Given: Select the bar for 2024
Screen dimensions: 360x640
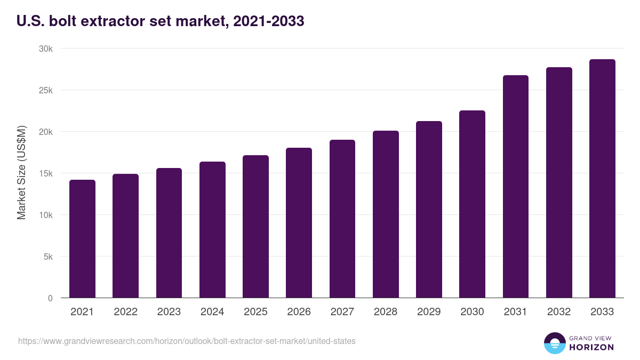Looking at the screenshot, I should (212, 230).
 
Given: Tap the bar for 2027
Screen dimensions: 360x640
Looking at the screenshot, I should (342, 219).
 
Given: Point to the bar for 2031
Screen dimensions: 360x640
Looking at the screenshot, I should (516, 187).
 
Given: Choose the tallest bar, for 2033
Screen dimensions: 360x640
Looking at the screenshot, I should (602, 179).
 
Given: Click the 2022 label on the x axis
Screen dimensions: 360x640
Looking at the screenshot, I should (125, 312).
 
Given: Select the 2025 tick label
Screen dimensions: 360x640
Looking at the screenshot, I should (255, 312).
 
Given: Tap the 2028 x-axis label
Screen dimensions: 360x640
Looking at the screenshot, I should (386, 312).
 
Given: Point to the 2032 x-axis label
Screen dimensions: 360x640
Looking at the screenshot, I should (559, 312).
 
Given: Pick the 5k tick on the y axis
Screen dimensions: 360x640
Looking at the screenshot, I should (48, 257).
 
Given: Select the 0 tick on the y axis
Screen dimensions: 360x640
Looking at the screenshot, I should (50, 298).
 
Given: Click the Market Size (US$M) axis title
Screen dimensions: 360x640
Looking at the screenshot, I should (21, 173).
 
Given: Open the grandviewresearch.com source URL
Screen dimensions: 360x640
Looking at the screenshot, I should (187, 341).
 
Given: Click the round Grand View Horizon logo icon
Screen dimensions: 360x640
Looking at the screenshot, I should (554, 343).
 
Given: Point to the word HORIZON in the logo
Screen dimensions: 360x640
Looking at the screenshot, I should (591, 347).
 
